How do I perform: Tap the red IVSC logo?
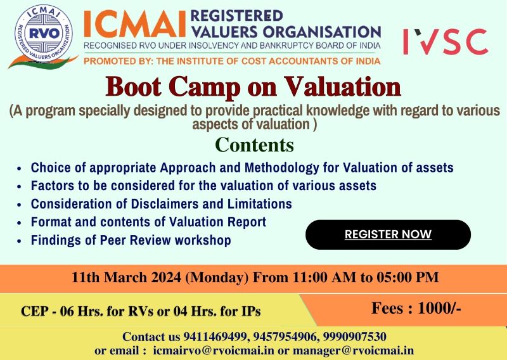click(x=445, y=41)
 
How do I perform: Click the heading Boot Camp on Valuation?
click(x=253, y=87)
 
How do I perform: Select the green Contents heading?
click(x=254, y=145)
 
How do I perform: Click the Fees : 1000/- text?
click(x=416, y=309)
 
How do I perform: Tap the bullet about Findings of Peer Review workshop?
click(x=131, y=241)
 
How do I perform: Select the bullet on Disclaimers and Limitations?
click(x=161, y=204)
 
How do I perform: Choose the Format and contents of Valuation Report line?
click(x=148, y=222)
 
